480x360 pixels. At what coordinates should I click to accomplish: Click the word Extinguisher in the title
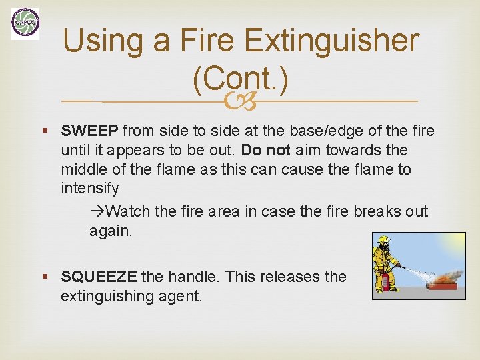[331, 41]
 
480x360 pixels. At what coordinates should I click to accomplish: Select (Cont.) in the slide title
[240, 80]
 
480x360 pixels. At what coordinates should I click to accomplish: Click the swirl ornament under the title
[240, 102]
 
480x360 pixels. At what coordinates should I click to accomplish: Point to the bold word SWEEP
[89, 131]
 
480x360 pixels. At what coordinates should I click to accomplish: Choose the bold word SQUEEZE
[99, 277]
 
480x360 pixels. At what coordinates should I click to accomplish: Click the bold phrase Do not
[266, 150]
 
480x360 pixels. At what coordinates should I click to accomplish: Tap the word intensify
[89, 189]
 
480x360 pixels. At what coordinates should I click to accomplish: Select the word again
[111, 231]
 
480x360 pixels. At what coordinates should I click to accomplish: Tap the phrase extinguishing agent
[131, 296]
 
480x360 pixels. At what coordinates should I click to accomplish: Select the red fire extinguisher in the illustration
[385, 281]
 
